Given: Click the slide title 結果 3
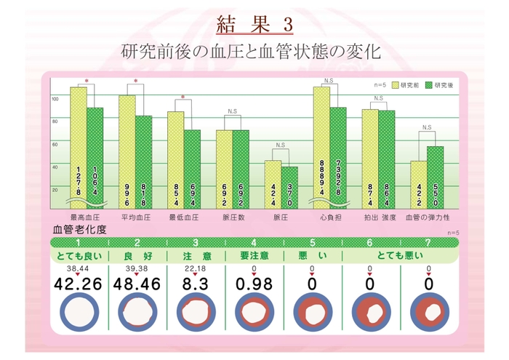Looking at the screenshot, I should (x=254, y=24).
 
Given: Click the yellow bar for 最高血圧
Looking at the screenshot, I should (x=79, y=145).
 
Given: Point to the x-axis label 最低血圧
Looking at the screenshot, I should (x=183, y=217).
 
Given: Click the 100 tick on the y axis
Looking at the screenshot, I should (x=55, y=99).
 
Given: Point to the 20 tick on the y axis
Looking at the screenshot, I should (x=55, y=189).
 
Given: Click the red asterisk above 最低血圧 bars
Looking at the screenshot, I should (x=183, y=97).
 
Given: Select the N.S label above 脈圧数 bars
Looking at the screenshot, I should (x=232, y=111).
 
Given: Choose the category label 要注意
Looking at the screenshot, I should (x=254, y=255).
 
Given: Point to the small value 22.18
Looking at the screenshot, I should (x=195, y=268).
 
